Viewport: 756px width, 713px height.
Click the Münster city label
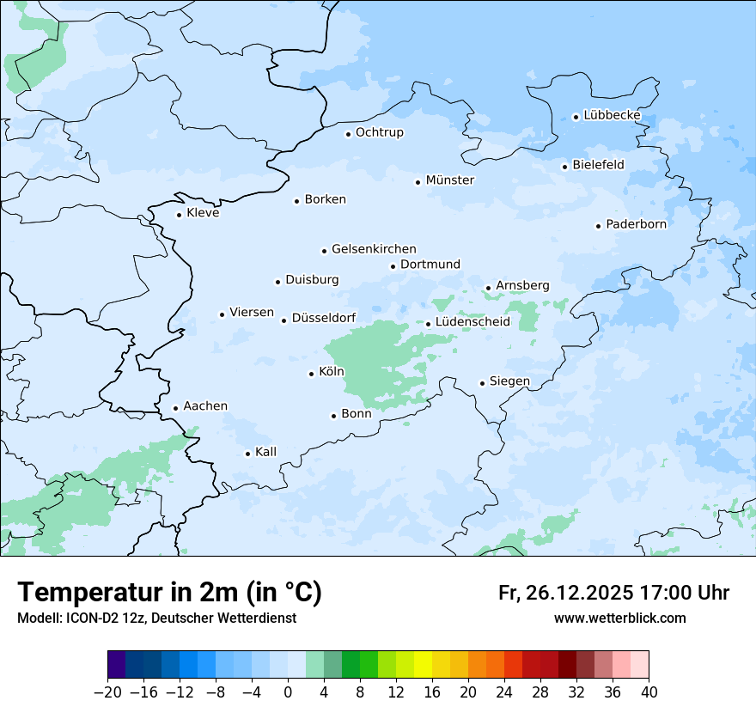[449, 180]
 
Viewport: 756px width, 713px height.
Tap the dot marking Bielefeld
[564, 167]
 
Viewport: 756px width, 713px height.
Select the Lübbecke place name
[612, 115]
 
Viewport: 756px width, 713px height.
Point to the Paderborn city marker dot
[598, 226]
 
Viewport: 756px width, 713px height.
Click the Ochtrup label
[379, 132]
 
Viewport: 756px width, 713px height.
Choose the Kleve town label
[203, 213]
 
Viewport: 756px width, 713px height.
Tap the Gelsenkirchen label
[374, 249]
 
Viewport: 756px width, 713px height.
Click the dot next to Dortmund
[393, 266]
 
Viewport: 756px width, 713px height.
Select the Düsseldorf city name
[324, 319]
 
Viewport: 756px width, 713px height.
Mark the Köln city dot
[311, 374]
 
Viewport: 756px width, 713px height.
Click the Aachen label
[205, 406]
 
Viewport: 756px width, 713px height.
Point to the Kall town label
[265, 452]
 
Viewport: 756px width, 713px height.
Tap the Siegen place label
[509, 381]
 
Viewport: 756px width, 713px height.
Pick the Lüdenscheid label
[472, 322]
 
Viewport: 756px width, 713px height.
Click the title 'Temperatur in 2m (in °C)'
[169, 593]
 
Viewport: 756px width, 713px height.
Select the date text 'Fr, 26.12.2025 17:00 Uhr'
[613, 593]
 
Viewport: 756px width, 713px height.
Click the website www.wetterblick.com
[619, 619]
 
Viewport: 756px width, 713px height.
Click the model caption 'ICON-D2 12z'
[95, 619]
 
